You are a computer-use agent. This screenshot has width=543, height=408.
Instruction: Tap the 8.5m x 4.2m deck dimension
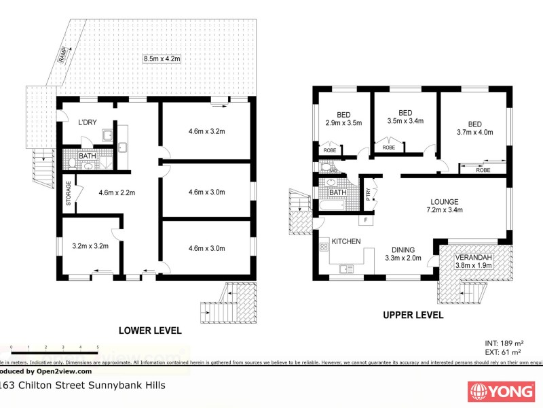162,59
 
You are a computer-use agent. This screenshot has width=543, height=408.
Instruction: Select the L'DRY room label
88,122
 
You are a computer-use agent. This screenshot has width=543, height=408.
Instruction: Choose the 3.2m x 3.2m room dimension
91,247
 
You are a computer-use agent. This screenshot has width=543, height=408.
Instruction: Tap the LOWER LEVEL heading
150,330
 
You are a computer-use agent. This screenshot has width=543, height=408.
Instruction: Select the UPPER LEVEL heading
413,315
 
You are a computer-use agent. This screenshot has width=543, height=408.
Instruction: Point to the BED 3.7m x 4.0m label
474,128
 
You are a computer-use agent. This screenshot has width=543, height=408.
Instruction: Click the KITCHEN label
345,241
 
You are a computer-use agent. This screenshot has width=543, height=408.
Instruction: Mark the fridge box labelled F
366,220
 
